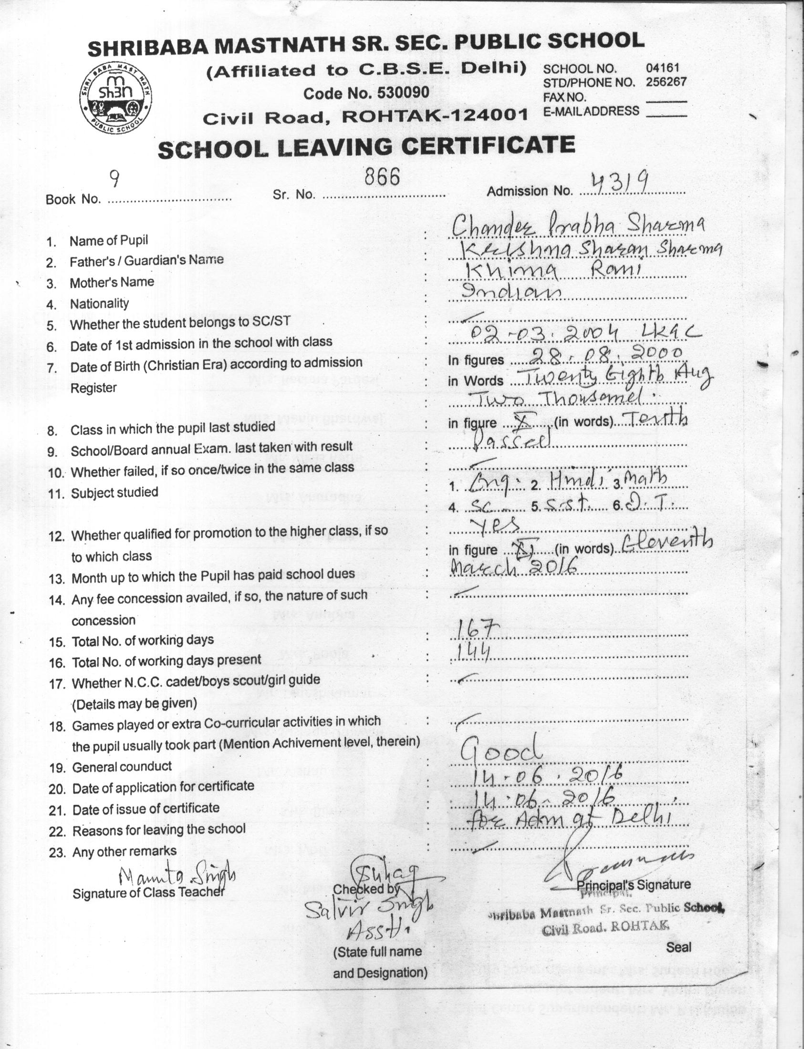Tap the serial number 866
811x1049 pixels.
382,177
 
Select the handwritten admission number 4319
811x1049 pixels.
621,182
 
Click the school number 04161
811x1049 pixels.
663,68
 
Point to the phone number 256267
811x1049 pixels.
666,82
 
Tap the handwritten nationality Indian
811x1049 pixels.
511,292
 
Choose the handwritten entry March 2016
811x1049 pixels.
514,568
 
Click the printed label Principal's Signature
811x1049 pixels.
633,884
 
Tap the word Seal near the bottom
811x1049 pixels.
678,947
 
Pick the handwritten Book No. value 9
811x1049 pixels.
114,179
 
